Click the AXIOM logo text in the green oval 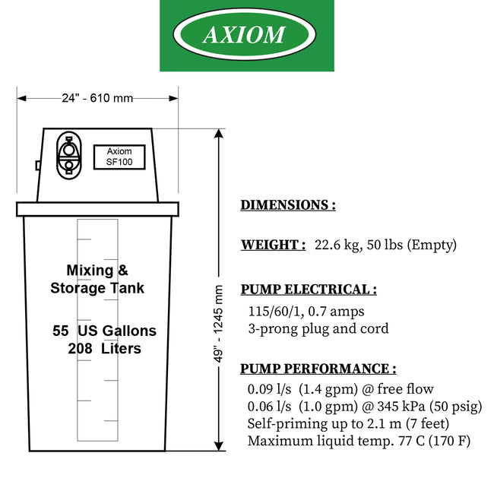point(244,34)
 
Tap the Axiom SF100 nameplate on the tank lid point(119,157)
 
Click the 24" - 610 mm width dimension point(97,98)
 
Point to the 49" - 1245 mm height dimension point(218,324)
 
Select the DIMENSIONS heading point(288,205)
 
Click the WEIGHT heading point(273,245)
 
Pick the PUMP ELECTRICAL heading point(309,290)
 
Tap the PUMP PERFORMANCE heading point(318,369)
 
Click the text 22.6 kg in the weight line point(337,245)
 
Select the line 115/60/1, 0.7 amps point(306,312)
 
